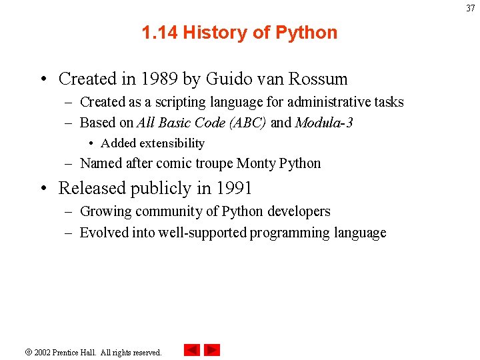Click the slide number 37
point(471,8)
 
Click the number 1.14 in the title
point(159,33)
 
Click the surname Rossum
point(318,79)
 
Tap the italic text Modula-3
point(324,123)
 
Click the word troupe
point(212,163)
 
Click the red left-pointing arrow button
point(192,350)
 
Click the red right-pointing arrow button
point(212,350)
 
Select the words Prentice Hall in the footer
point(75,352)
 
